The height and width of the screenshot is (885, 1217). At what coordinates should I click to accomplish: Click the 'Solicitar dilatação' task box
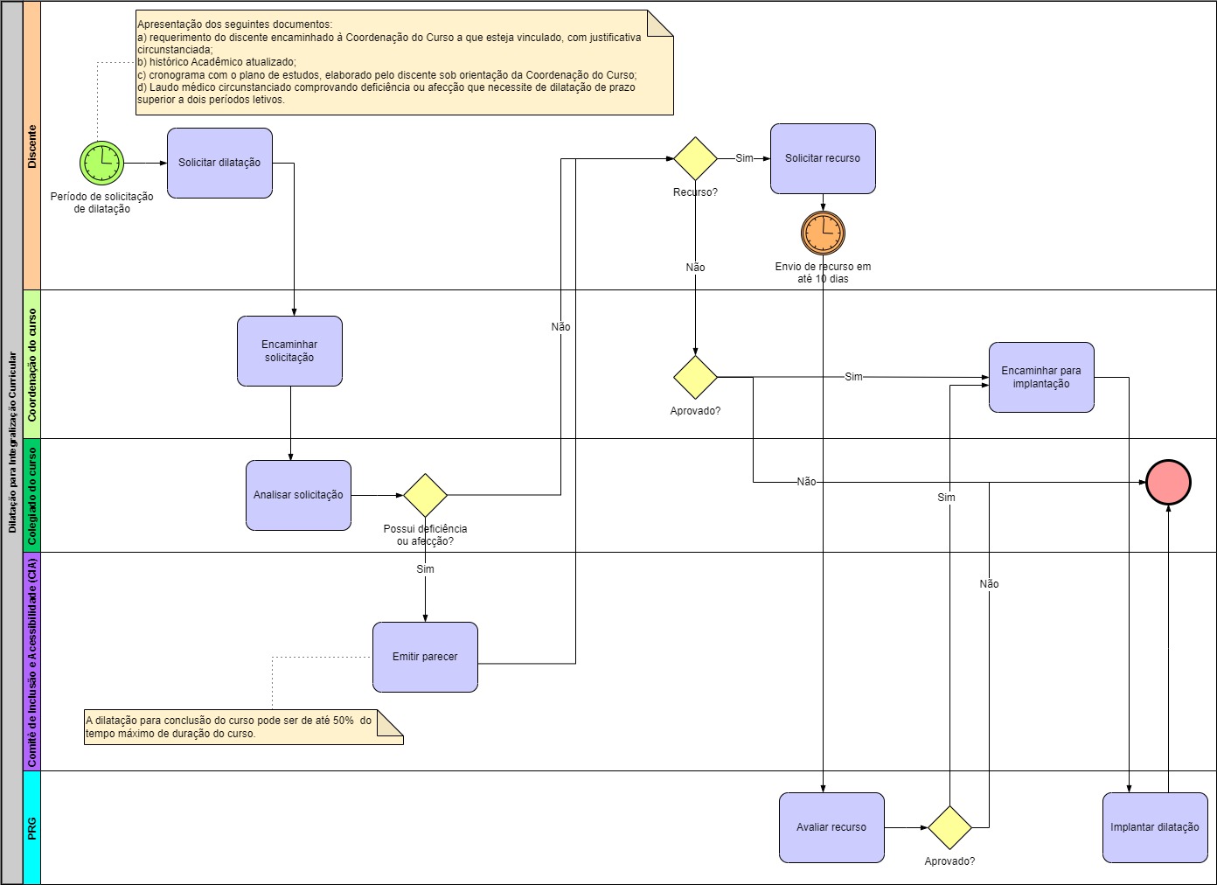(x=219, y=163)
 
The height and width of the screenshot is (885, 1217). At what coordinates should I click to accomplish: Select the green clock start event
(x=102, y=163)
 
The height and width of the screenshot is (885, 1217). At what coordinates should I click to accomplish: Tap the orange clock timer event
(x=823, y=233)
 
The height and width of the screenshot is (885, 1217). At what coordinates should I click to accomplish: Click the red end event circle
(x=1168, y=483)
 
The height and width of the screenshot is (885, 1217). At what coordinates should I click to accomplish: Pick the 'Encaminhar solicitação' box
(x=289, y=351)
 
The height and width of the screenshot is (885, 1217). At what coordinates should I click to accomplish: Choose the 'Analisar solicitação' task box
(x=298, y=495)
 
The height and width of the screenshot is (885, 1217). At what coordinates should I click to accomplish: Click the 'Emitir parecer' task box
(x=425, y=657)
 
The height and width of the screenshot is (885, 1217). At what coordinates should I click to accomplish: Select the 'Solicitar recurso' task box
(x=823, y=158)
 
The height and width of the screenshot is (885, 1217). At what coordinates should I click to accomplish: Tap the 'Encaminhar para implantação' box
(x=1041, y=377)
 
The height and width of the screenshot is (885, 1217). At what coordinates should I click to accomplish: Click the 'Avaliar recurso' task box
(x=831, y=827)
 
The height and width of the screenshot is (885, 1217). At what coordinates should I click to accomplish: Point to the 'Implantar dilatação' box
(x=1154, y=827)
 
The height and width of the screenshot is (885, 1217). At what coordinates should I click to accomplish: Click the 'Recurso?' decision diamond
(x=695, y=159)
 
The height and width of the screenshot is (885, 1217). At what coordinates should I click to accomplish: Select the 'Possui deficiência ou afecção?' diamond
(x=425, y=495)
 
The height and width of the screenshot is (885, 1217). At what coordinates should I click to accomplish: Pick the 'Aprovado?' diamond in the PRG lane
(x=949, y=827)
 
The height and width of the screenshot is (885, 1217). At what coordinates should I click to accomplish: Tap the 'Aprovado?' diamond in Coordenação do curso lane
(x=695, y=377)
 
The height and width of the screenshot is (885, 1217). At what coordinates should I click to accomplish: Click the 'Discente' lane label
(x=32, y=146)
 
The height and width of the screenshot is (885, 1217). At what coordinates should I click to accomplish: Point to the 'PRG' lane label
(x=32, y=827)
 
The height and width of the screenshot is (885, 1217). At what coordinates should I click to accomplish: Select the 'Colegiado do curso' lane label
(x=32, y=495)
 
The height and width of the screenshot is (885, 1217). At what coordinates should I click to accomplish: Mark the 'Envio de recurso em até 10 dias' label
(x=823, y=273)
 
